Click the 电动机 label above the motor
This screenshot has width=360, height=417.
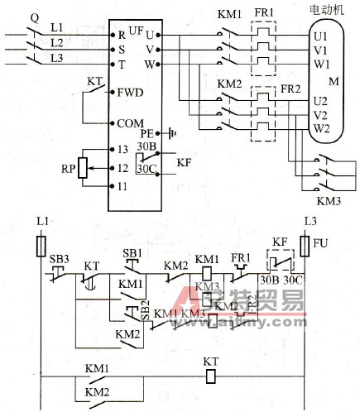click(327, 11)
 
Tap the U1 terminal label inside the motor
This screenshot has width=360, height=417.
click(321, 37)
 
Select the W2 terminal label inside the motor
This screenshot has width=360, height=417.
click(321, 128)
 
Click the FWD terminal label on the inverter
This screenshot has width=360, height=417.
click(132, 92)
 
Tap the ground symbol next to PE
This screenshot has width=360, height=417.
click(170, 132)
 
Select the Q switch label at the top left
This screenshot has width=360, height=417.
click(33, 16)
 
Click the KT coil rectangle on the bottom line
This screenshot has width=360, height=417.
click(210, 376)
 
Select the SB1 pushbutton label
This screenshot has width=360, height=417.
click(132, 251)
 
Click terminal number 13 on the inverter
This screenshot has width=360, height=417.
click(123, 150)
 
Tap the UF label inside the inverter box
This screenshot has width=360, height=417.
click(135, 28)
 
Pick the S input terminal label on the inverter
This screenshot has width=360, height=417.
click(122, 50)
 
